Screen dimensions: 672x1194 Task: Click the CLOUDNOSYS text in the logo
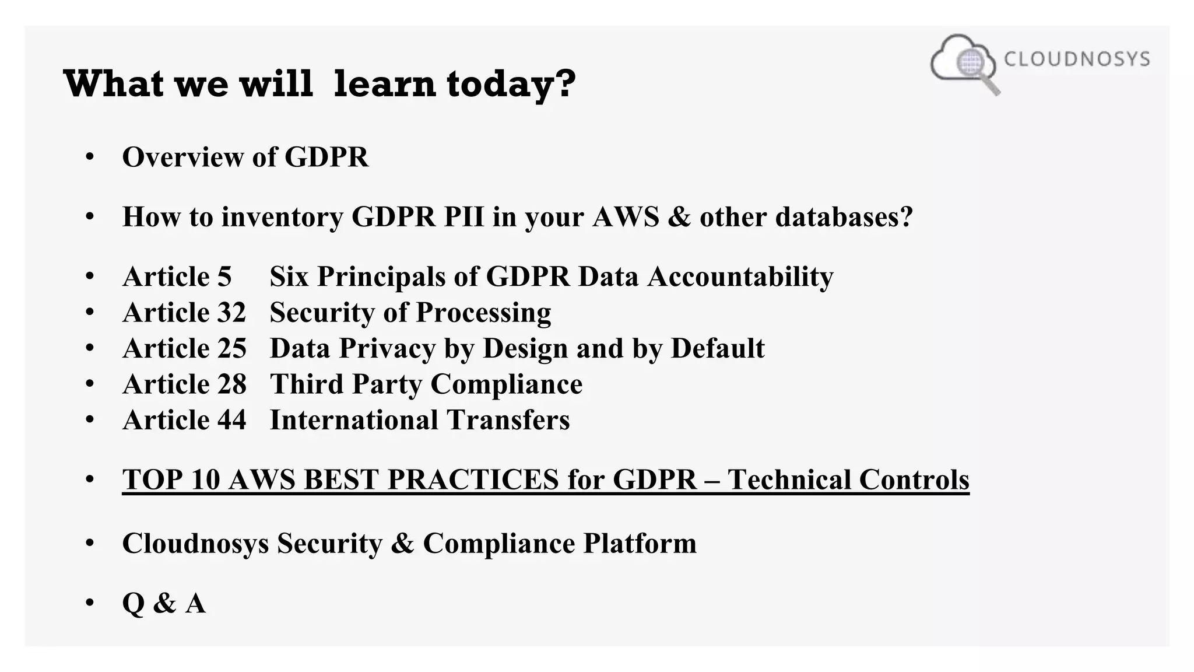(1076, 59)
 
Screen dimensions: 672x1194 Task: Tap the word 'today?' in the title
(511, 84)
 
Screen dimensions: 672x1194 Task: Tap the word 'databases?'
(844, 217)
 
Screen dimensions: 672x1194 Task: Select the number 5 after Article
(224, 276)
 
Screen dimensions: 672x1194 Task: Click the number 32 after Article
(231, 313)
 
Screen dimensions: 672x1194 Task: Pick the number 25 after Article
(231, 348)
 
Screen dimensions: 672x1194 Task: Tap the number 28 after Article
(231, 384)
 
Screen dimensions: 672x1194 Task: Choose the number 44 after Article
(231, 420)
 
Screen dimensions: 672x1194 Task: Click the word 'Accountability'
(740, 276)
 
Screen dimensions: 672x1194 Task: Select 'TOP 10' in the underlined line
(171, 480)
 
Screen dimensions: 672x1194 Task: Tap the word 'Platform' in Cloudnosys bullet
(640, 543)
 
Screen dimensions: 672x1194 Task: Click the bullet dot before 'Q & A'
(89, 602)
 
